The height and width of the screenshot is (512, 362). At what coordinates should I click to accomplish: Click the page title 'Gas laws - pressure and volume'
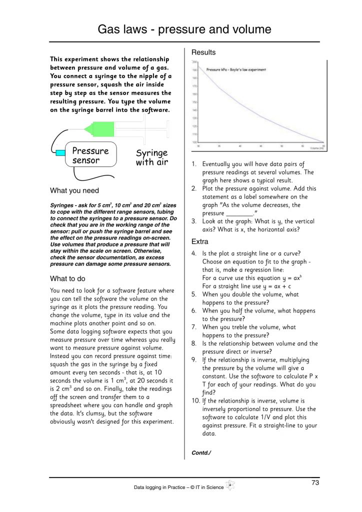pos(184,29)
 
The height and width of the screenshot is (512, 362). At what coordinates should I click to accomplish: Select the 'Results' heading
pos(203,52)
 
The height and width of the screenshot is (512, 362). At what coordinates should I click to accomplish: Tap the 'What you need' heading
pos(74,190)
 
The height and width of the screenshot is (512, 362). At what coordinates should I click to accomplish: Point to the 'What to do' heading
pos(70,278)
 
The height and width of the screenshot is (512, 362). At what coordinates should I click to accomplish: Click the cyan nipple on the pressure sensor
pos(60,151)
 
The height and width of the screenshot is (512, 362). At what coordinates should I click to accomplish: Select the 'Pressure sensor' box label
pos(90,155)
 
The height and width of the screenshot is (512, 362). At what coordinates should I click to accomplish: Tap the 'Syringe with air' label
pos(151,157)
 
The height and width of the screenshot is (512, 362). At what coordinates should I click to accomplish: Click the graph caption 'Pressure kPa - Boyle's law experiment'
pos(235,70)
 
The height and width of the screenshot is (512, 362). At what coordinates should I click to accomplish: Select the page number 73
pos(315,483)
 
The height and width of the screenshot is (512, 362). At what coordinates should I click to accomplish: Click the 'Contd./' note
pos(201,453)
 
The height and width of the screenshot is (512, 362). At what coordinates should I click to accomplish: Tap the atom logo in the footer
pos(230,485)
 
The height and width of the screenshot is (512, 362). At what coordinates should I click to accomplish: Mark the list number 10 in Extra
pos(194,401)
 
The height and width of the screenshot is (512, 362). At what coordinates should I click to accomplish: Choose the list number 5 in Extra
pos(194,294)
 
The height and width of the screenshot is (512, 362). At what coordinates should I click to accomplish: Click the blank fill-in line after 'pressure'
pos(240,213)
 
